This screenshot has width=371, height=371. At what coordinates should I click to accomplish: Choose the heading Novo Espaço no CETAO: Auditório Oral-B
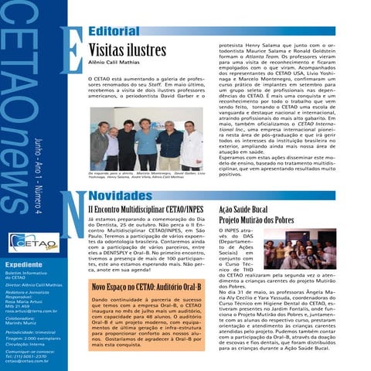click(x=147, y=287)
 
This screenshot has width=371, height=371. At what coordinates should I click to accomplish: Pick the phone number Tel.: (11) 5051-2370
click(x=28, y=356)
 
